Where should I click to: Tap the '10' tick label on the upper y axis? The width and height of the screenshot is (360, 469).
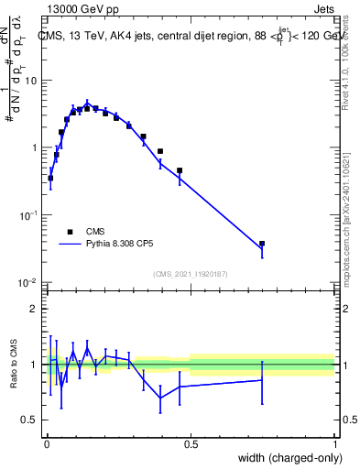30,81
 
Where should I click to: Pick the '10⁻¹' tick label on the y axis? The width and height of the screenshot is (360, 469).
28,215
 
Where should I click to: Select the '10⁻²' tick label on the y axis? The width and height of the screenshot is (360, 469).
28,282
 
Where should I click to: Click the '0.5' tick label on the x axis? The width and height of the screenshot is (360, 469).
191,445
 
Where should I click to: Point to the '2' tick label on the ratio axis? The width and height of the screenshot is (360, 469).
33,309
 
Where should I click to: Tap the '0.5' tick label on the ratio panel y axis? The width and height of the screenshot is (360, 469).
29,420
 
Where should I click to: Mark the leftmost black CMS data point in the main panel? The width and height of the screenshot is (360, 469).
50,178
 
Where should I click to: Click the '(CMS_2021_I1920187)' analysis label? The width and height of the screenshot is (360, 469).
190,274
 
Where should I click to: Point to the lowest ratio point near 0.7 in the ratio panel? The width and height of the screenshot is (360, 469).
160,398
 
